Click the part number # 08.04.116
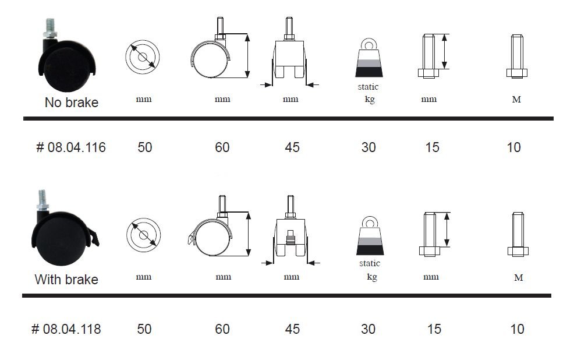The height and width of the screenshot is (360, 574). pos(71,147)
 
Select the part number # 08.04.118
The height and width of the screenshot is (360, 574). pos(66,329)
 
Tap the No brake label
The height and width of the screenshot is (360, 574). pos(72,103)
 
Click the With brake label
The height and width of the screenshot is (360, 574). pos(66,280)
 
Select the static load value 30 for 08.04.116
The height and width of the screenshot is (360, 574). pos(369,147)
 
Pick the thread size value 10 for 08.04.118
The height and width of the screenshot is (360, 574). pos(518,329)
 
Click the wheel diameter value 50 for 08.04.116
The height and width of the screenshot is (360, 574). pos(145,147)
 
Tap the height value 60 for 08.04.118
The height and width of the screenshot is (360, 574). pos(222,329)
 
